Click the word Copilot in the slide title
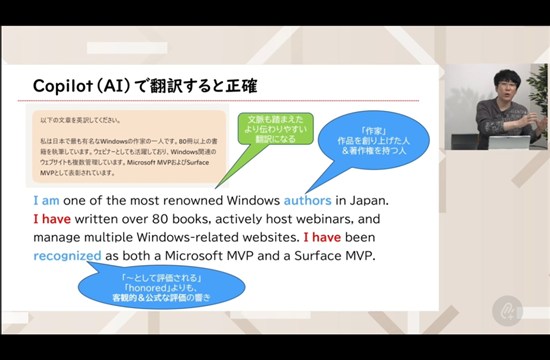[x=65, y=86]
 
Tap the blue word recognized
[x=67, y=255]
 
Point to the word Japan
[x=365, y=199]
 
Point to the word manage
[x=61, y=237]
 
